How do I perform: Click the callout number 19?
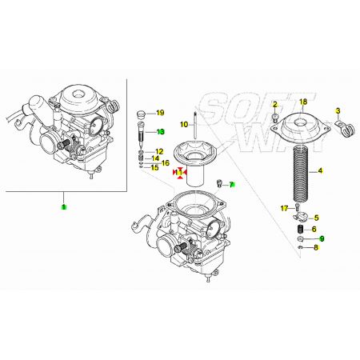click(x=160, y=113)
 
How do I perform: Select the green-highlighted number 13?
click(x=161, y=132)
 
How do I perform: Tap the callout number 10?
click(x=184, y=124)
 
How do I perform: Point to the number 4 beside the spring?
click(x=320, y=170)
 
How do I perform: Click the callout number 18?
click(x=303, y=102)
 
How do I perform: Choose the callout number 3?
click(x=338, y=110)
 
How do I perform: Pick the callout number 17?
click(x=284, y=208)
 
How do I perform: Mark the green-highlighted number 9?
click(x=322, y=238)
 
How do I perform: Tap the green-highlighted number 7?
click(x=231, y=184)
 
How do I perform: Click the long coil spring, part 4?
click(x=302, y=174)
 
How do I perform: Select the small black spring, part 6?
click(x=301, y=229)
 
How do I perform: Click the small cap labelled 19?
click(x=141, y=114)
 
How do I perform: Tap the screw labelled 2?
click(x=274, y=117)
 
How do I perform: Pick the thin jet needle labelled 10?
click(x=195, y=125)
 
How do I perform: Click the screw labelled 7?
click(x=219, y=183)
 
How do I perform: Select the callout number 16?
click(x=166, y=162)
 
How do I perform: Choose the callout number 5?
click(x=316, y=218)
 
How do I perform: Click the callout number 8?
click(x=316, y=247)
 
